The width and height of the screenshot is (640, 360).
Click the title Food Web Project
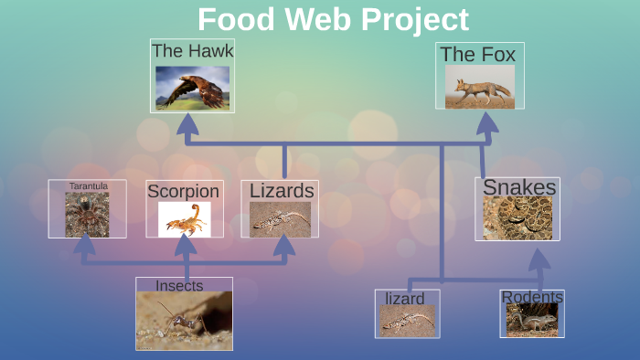point(333,19)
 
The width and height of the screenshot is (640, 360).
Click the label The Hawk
point(192,51)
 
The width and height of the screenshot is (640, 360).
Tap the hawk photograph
point(192,88)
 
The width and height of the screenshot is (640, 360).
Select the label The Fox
point(477,55)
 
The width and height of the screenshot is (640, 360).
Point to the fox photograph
point(479,88)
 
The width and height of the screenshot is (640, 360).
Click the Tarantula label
point(89,186)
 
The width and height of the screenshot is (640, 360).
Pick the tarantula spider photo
point(87,216)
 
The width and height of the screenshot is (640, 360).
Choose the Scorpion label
point(184,192)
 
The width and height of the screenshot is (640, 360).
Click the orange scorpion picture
point(184,219)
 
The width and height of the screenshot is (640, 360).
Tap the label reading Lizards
point(282,191)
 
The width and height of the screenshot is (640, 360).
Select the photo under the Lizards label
point(280,219)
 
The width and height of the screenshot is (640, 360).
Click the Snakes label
point(518,187)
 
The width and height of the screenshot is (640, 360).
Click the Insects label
point(179,286)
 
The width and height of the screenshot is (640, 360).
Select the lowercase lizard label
point(404,299)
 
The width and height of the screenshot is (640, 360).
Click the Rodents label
point(532,297)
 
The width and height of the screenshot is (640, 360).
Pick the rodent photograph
point(532,320)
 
